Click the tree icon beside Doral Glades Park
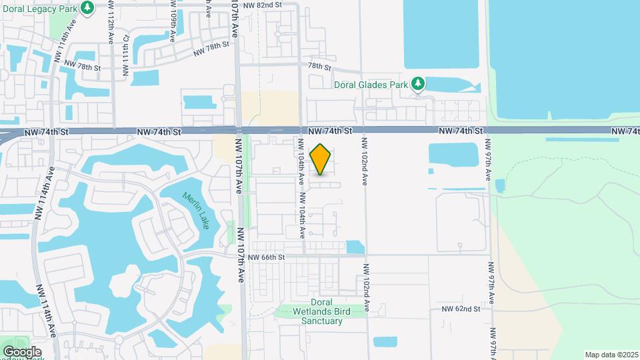417,84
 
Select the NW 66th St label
267,257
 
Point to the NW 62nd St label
461,309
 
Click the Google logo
22,351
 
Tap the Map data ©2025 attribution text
611,355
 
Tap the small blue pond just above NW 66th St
355,247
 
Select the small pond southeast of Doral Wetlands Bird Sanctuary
385,342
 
